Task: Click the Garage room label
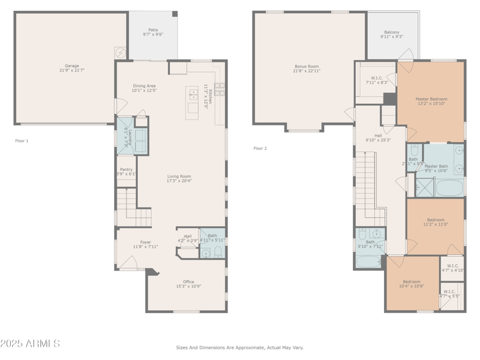click(72, 68)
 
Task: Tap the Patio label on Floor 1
click(153, 32)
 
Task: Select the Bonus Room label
click(306, 68)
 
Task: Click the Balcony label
click(391, 34)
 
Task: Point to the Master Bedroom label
click(431, 101)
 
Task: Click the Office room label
click(189, 284)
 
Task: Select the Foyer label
click(145, 244)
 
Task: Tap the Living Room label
click(179, 178)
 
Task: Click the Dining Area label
click(144, 88)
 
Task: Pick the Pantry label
click(126, 172)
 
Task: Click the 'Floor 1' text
click(22, 140)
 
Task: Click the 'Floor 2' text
click(260, 148)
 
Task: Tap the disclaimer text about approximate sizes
click(239, 347)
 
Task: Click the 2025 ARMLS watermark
click(30, 344)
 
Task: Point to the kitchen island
click(192, 102)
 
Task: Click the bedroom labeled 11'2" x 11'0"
click(436, 221)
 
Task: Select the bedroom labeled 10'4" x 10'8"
click(412, 284)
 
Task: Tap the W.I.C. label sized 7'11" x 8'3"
click(377, 80)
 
